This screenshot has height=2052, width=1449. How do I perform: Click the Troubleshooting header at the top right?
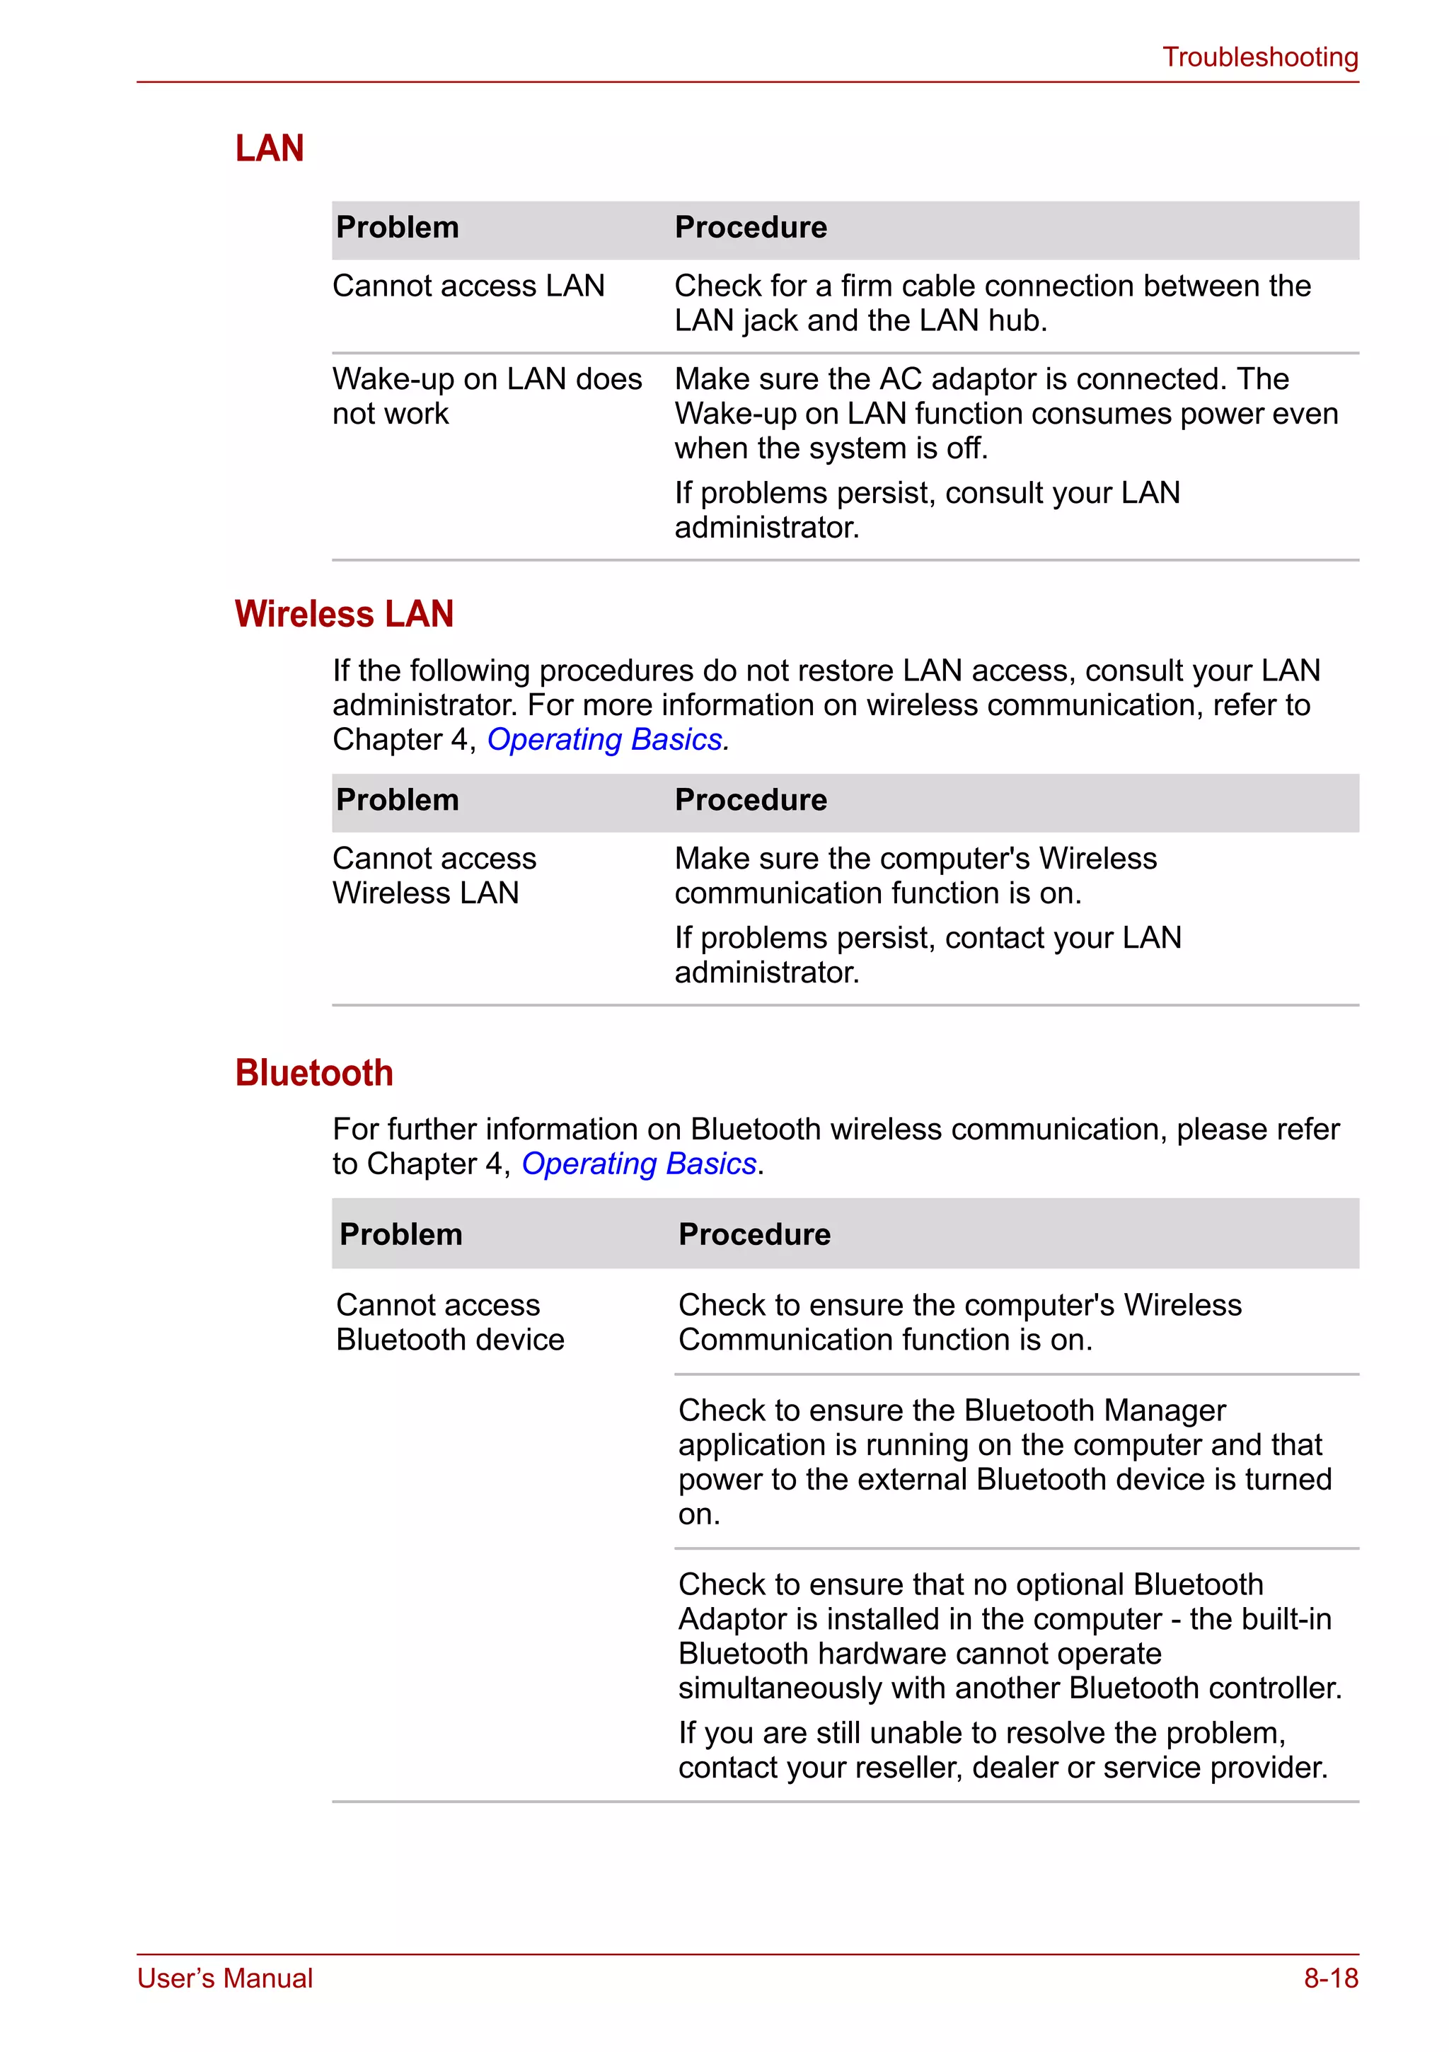[x=1259, y=57]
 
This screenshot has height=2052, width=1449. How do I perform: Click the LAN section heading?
[x=269, y=149]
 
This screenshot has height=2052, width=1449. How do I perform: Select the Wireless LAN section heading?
[x=344, y=614]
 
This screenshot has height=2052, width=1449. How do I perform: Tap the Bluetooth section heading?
[x=313, y=1072]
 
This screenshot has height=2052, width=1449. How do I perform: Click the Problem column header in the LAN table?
[x=397, y=228]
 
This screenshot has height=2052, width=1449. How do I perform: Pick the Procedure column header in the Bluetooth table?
[x=754, y=1234]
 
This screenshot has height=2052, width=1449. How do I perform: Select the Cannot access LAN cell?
[x=468, y=286]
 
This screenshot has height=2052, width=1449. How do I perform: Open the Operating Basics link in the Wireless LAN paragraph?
[x=604, y=740]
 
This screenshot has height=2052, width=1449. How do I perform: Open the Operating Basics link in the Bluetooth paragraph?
[x=638, y=1164]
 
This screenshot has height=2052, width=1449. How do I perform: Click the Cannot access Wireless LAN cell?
[x=434, y=876]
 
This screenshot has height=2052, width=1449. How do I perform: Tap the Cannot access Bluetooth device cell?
[x=449, y=1322]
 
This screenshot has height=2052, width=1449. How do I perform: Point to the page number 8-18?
[x=1330, y=1978]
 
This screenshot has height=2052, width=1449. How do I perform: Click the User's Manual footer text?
[x=225, y=1978]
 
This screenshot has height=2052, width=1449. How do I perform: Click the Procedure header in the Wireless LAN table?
[x=751, y=800]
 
